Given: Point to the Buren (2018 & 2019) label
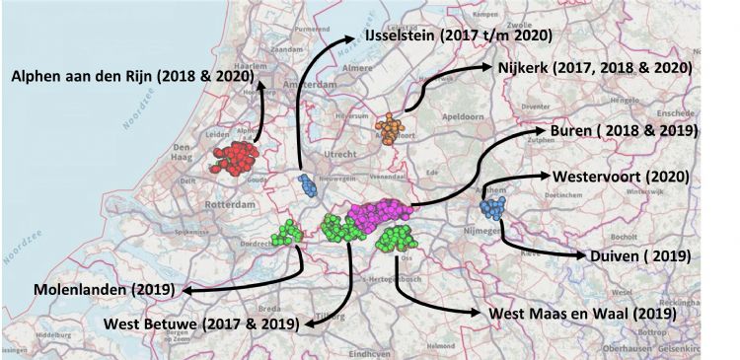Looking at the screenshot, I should [x=624, y=130].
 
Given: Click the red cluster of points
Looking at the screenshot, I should [x=235, y=159].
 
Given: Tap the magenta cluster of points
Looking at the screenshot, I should [x=380, y=216].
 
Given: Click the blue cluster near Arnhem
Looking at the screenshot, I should [x=491, y=208].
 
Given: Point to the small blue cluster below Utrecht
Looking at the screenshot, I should [x=305, y=183].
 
